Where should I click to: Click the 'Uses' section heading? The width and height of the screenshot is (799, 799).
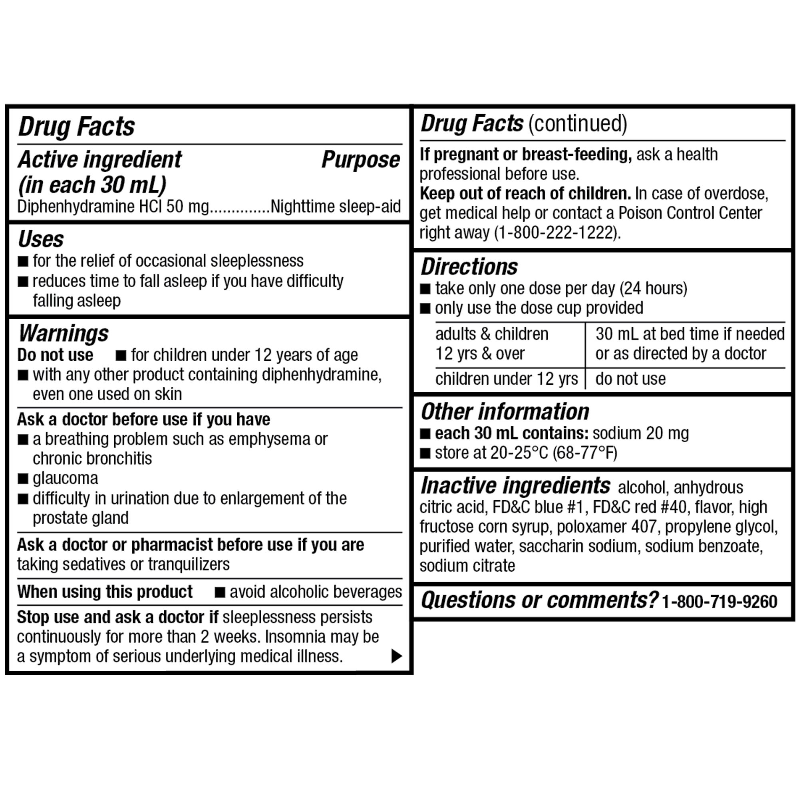click(x=41, y=239)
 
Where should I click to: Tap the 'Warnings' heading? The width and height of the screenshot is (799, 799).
click(x=63, y=333)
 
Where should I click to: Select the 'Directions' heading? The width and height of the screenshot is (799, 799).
click(x=469, y=267)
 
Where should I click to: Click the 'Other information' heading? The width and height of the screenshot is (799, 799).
click(x=505, y=411)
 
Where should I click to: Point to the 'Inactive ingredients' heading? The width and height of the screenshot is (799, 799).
click(x=515, y=485)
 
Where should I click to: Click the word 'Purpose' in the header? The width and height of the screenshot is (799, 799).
click(x=361, y=160)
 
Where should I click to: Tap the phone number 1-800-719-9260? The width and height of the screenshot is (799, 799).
click(x=719, y=602)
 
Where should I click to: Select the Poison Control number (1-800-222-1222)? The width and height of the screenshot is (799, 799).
click(x=557, y=233)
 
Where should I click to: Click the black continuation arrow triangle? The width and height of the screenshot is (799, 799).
click(x=396, y=656)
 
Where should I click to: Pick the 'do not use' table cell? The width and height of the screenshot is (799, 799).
click(x=630, y=379)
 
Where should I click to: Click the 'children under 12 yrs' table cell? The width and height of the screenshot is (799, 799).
click(x=506, y=379)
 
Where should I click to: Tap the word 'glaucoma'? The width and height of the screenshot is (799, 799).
click(x=66, y=479)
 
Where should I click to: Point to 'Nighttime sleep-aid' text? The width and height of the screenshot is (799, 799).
click(x=336, y=207)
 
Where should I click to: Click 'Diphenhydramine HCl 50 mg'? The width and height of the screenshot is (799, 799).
click(x=113, y=207)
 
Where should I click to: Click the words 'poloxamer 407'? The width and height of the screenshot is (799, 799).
click(x=606, y=527)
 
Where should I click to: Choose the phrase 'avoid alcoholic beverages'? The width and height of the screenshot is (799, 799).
click(x=316, y=592)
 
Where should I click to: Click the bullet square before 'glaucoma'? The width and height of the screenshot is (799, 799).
click(x=23, y=479)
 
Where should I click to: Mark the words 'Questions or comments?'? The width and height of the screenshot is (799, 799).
click(x=539, y=600)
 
